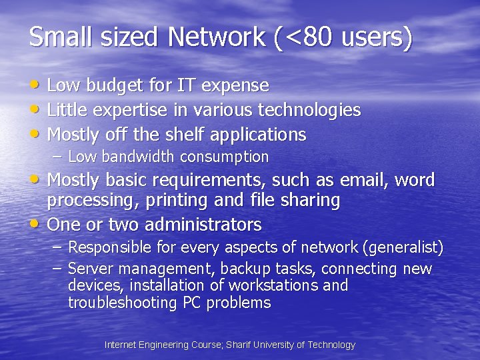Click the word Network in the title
(217, 37)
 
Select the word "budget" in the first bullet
(105, 86)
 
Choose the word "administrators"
(203, 224)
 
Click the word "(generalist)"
(403, 248)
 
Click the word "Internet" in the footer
(121, 345)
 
